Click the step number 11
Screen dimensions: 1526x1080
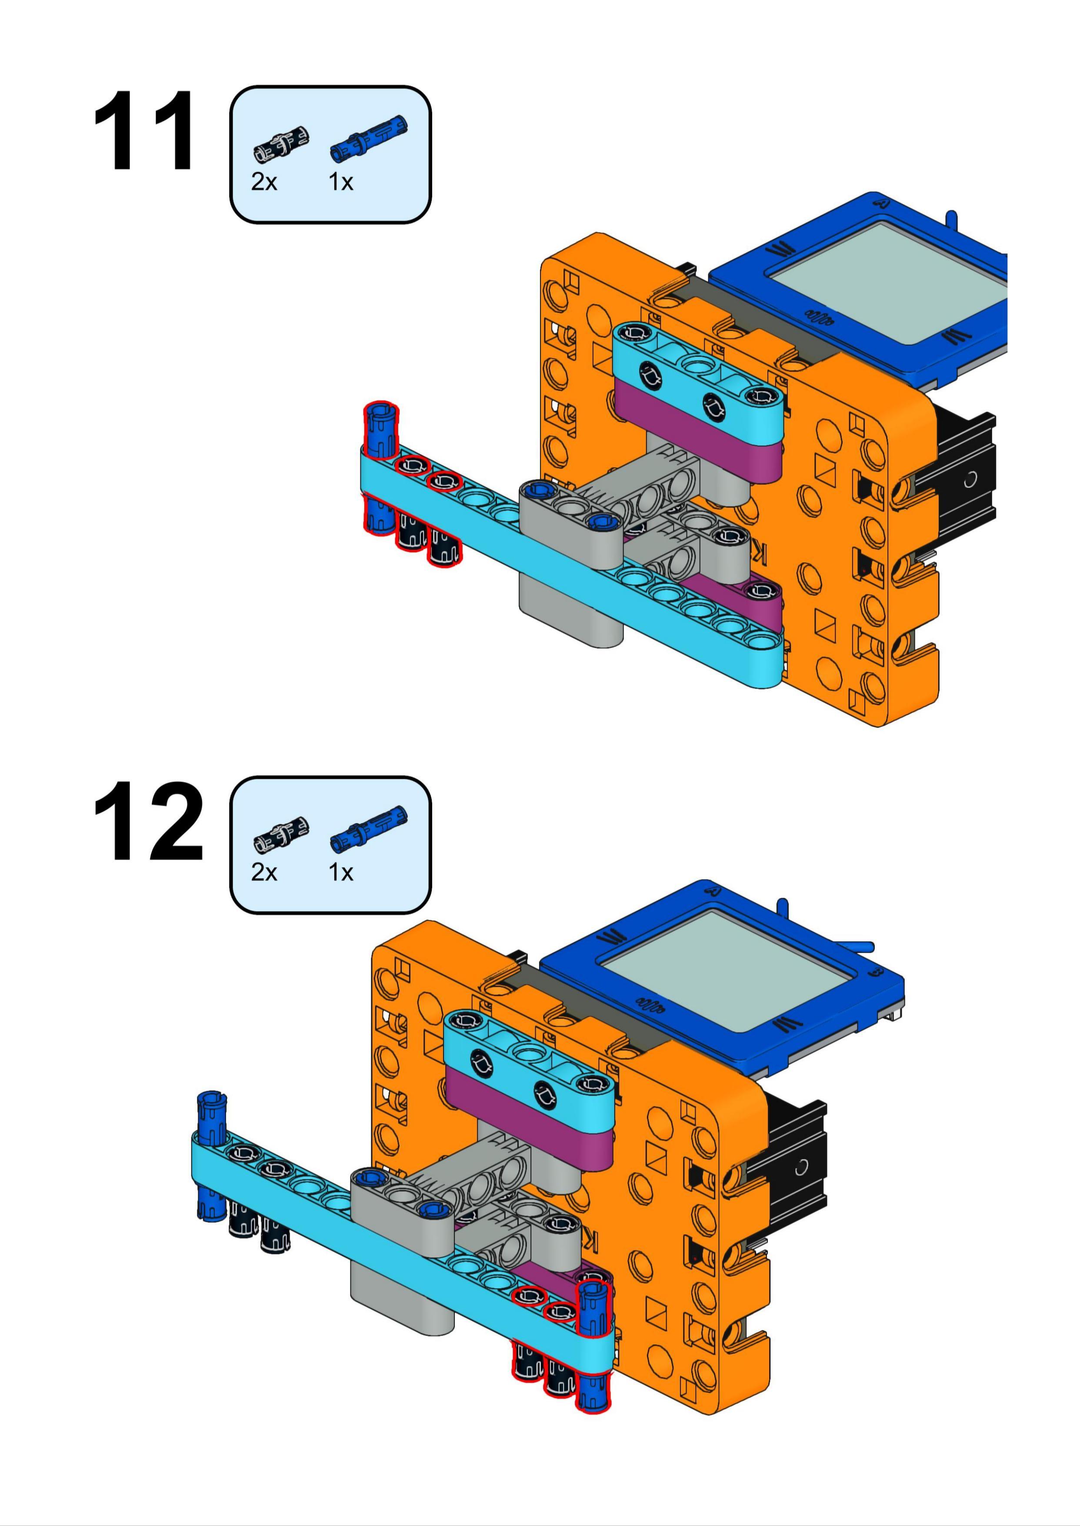[x=144, y=132]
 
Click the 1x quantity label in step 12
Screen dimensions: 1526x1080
[x=340, y=872]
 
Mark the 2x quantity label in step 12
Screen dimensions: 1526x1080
[x=264, y=872]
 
